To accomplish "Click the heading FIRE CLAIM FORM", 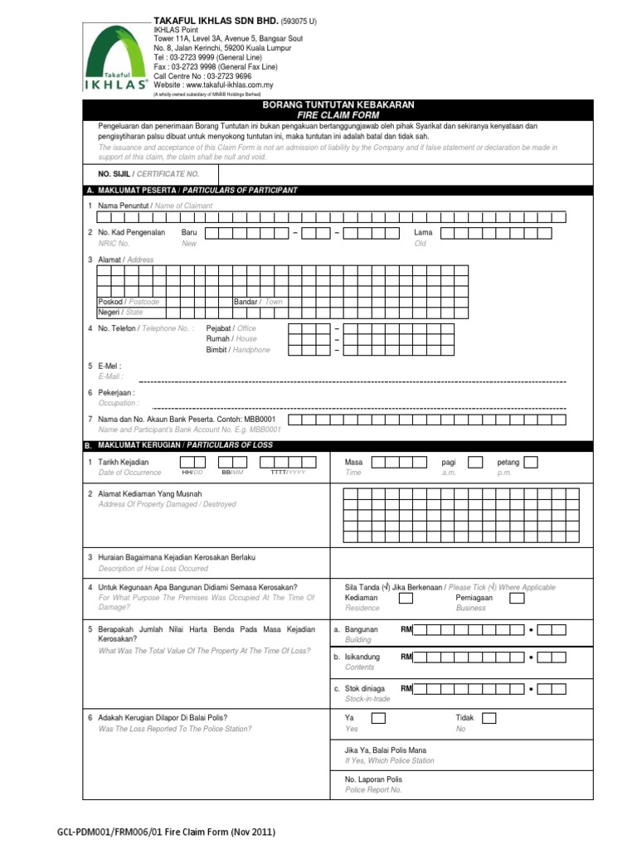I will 338,114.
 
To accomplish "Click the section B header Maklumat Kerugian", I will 185,445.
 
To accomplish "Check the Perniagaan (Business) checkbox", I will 516,597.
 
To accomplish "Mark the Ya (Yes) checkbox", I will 378,717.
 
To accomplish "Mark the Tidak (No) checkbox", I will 489,717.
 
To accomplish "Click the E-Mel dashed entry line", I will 358,381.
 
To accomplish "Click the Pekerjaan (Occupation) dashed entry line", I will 358,408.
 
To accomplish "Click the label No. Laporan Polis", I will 373,779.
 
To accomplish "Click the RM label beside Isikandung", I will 406,657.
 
